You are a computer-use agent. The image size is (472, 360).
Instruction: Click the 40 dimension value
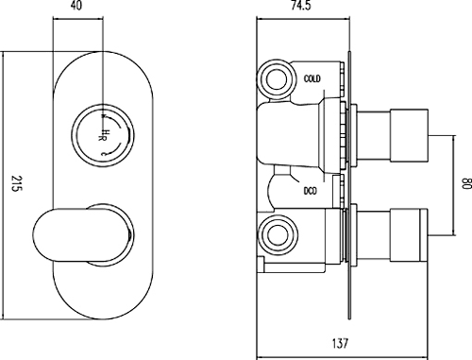pyautogui.click(x=76, y=6)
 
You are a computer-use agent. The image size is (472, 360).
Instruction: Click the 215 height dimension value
pyautogui.click(x=16, y=183)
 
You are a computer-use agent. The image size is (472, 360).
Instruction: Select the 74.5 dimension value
pyautogui.click(x=300, y=6)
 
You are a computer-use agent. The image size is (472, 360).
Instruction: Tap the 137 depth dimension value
pyautogui.click(x=340, y=343)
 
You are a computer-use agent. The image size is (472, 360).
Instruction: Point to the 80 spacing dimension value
pyautogui.click(x=467, y=184)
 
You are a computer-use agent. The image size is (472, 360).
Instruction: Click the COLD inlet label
pyautogui.click(x=312, y=78)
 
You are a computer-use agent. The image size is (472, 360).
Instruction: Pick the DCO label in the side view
pyautogui.click(x=311, y=191)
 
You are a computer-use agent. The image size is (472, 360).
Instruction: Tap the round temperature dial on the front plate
pyautogui.click(x=103, y=135)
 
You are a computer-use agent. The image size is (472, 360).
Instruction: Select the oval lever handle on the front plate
pyautogui.click(x=83, y=234)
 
